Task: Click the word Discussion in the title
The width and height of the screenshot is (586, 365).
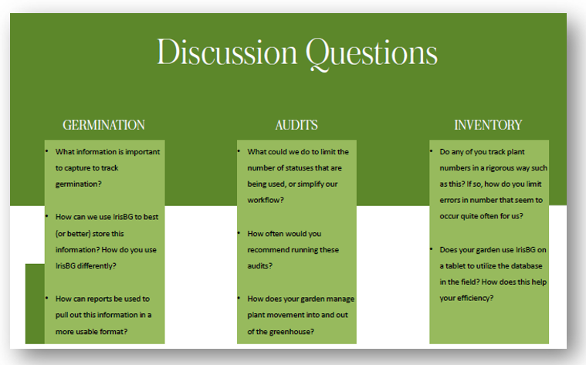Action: click(227, 52)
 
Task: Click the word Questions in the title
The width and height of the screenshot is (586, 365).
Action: click(371, 54)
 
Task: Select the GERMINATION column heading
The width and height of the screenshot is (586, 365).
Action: click(104, 125)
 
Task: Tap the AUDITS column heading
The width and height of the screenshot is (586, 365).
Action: click(296, 125)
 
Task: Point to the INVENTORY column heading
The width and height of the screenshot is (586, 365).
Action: click(488, 125)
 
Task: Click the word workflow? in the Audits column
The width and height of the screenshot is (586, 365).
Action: click(266, 200)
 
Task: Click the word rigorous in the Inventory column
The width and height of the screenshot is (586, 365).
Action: click(498, 168)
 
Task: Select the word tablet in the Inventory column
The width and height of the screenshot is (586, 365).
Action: click(456, 265)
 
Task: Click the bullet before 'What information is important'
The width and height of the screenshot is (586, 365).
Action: click(47, 151)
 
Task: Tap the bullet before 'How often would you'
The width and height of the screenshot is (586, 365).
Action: click(239, 233)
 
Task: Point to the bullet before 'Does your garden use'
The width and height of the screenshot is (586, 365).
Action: click(432, 248)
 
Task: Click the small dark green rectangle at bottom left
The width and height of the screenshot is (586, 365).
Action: click(35, 304)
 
